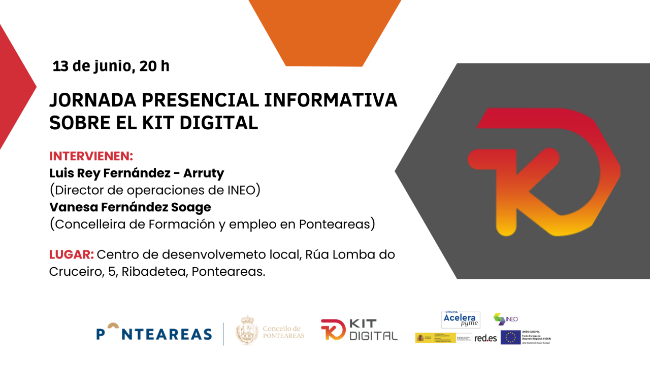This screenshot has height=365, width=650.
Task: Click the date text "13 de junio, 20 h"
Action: click(111, 66)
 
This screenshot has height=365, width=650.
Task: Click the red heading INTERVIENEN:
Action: click(91, 156)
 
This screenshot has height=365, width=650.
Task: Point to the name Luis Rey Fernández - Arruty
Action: click(137, 173)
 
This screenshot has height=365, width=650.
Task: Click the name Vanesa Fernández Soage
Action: click(130, 207)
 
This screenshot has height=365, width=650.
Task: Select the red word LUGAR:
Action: click(71, 254)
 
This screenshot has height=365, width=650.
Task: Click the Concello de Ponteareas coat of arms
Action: click(247, 330)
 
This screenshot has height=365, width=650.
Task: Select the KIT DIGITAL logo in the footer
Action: click(359, 330)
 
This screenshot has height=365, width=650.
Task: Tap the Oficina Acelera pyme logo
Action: click(461, 319)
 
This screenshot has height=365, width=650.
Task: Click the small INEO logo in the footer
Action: click(506, 319)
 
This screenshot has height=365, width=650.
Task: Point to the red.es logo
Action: click(485, 338)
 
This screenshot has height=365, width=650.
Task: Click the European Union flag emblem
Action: click(510, 337)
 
